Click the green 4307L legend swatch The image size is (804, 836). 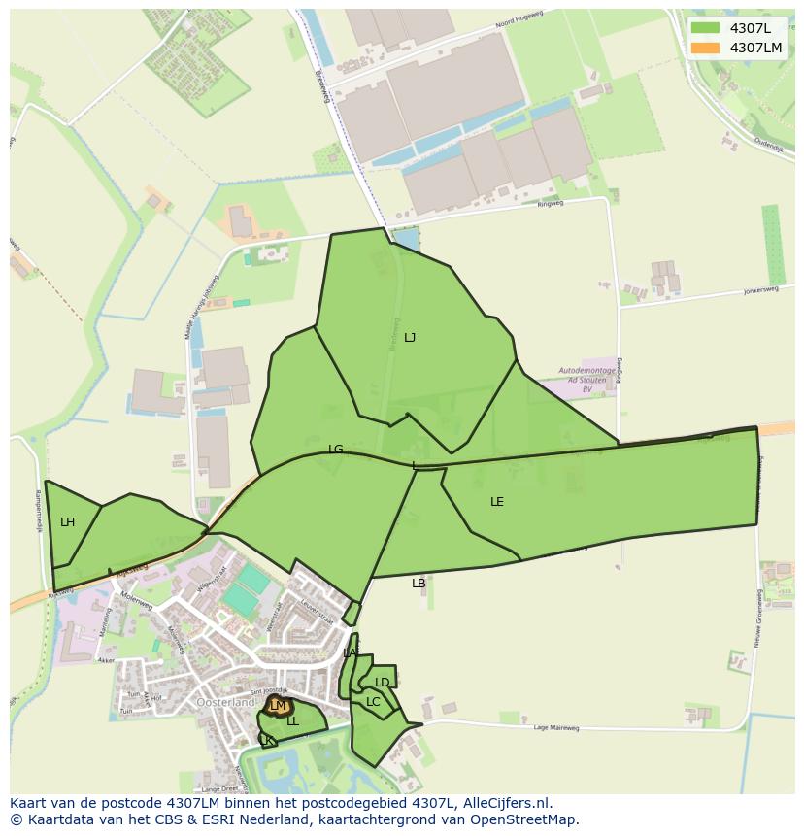pyautogui.click(x=705, y=28)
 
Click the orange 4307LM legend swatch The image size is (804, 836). pyautogui.click(x=705, y=48)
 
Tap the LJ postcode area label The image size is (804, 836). pyautogui.click(x=410, y=338)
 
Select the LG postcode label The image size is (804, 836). pyautogui.click(x=336, y=450)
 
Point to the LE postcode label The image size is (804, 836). pyautogui.click(x=497, y=502)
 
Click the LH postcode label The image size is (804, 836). pyautogui.click(x=67, y=522)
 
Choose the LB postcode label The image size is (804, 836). pyautogui.click(x=419, y=584)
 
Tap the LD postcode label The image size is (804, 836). pyautogui.click(x=383, y=683)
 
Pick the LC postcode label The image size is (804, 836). pyautogui.click(x=373, y=702)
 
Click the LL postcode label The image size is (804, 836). pyautogui.click(x=292, y=721)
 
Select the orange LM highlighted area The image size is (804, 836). pyautogui.click(x=279, y=706)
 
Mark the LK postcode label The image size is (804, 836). pyautogui.click(x=266, y=740)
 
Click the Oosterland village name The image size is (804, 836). pyautogui.click(x=225, y=702)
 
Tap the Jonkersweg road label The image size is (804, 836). pyautogui.click(x=735, y=290)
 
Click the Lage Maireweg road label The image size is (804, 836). pyautogui.click(x=556, y=727)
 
